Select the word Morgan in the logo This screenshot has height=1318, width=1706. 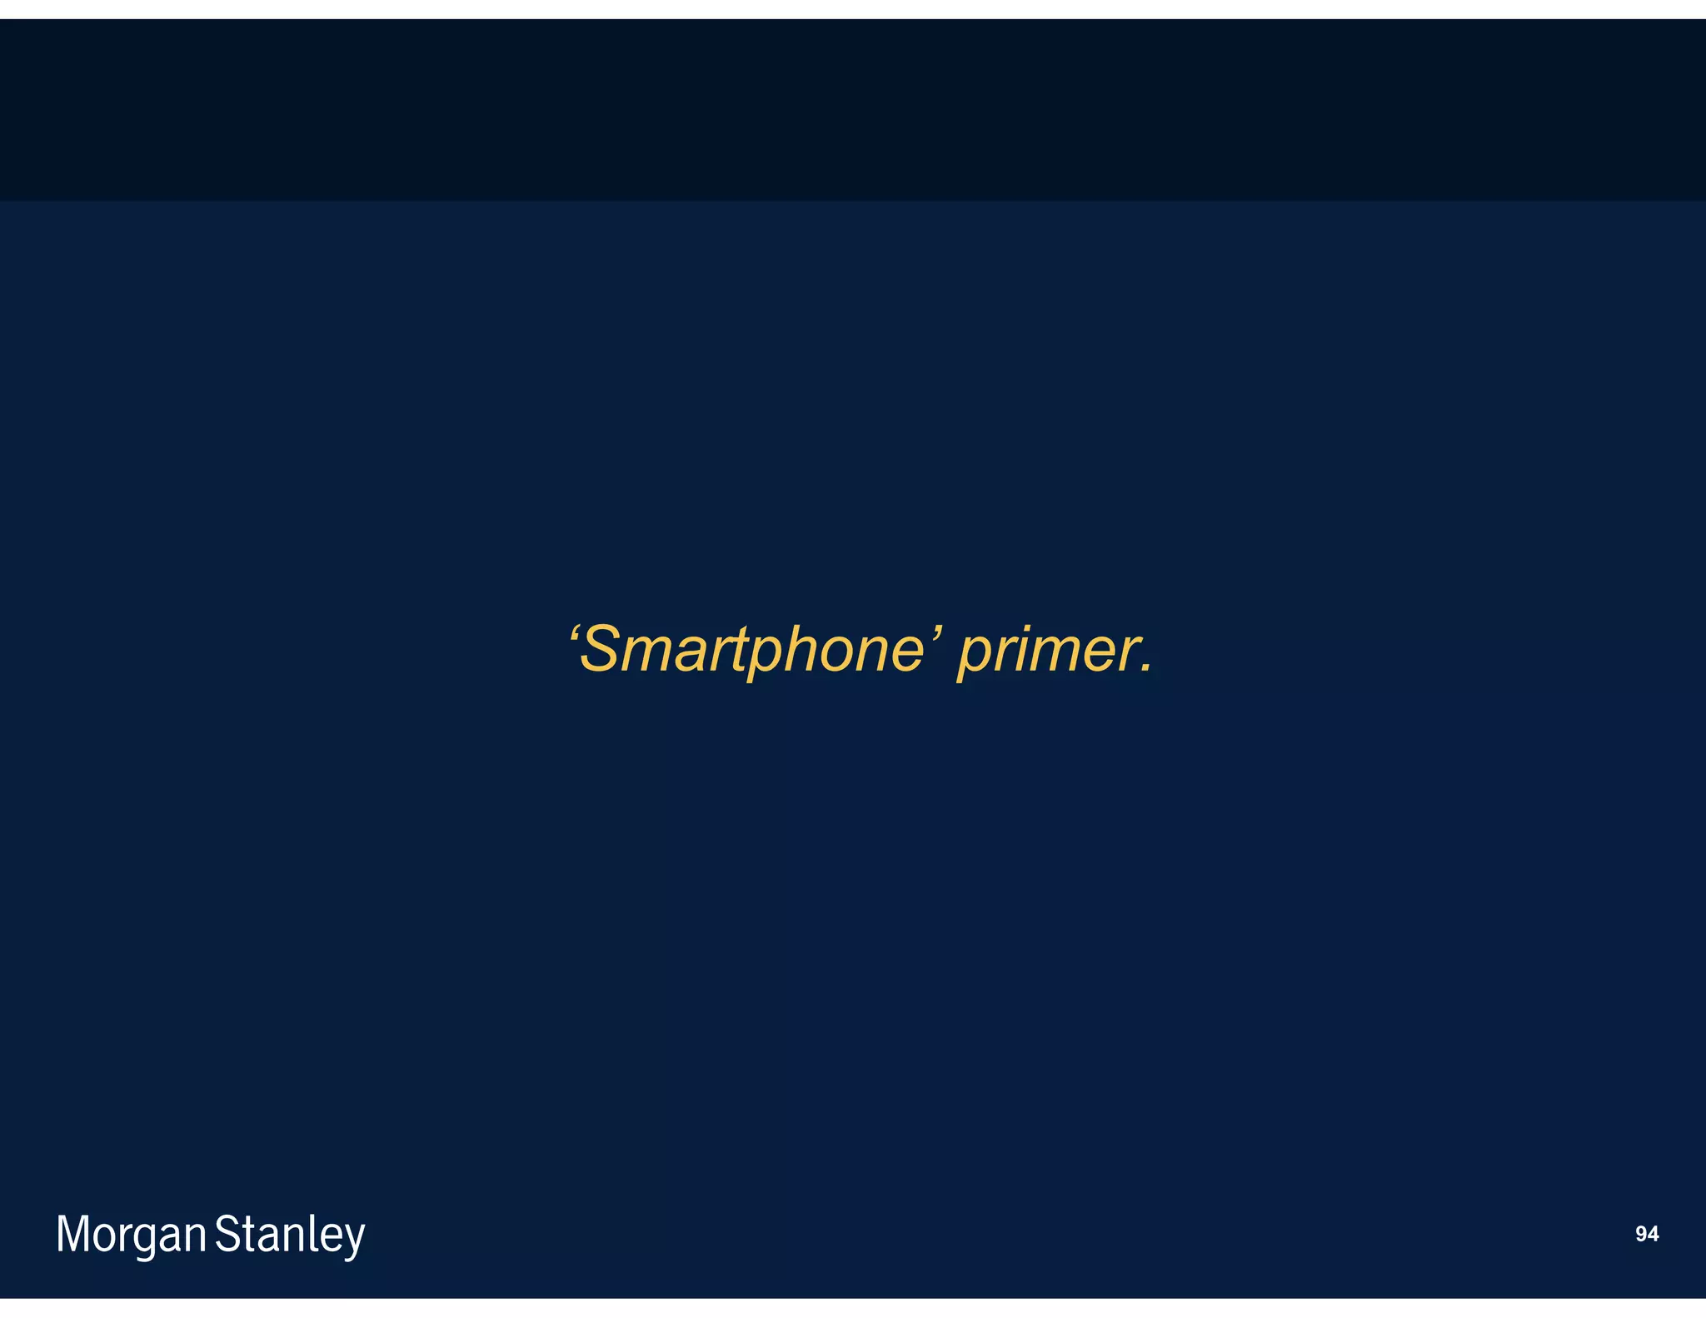tap(131, 1235)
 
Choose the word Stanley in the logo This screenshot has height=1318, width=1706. tap(290, 1235)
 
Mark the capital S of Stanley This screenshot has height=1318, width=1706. tap(227, 1233)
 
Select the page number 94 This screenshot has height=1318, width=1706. tap(1647, 1234)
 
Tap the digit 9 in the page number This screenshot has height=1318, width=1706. tap(1641, 1234)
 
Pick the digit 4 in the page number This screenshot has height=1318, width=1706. tap(1653, 1234)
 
